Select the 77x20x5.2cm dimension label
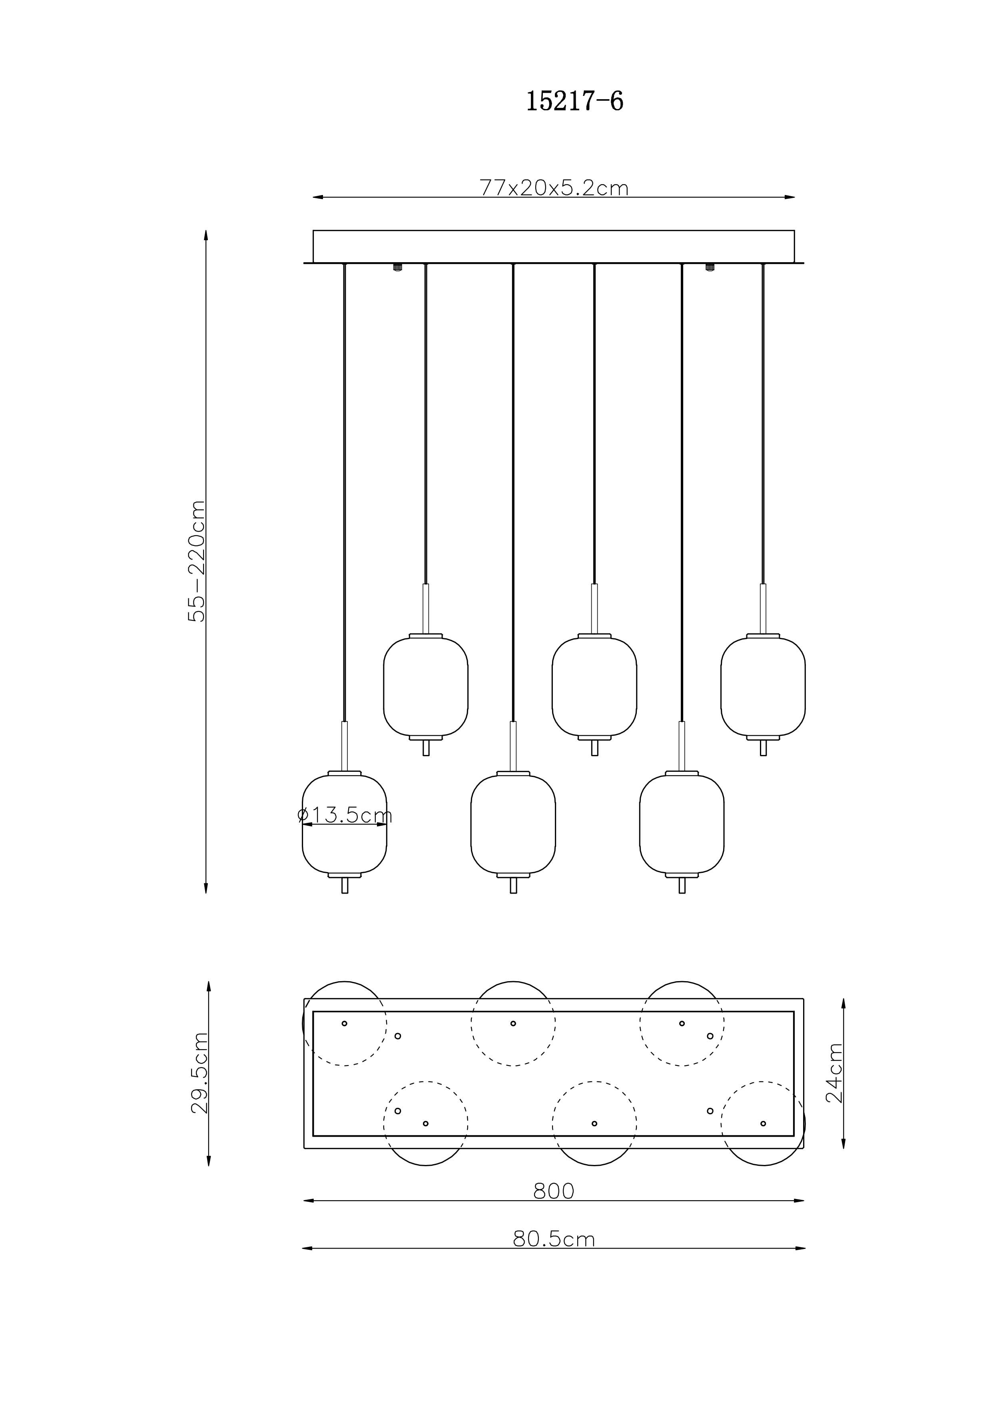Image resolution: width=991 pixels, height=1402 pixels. pos(554,187)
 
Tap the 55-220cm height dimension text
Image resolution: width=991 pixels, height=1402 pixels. pos(197,561)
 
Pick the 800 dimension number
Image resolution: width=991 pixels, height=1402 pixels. pos(554,1191)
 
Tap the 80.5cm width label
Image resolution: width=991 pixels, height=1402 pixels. pos(554,1239)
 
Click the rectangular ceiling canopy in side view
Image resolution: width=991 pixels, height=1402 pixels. pos(554,247)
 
